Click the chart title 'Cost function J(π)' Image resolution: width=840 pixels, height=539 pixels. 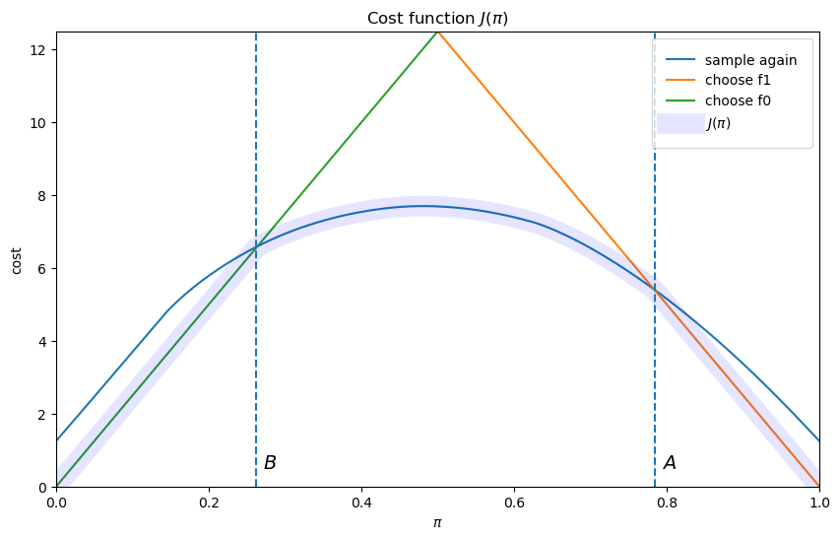tap(437, 18)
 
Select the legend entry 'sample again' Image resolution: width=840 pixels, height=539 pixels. tap(751, 60)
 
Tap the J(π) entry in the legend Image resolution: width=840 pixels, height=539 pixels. tap(718, 124)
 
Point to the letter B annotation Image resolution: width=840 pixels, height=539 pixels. tap(270, 463)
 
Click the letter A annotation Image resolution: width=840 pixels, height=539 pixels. tap(670, 463)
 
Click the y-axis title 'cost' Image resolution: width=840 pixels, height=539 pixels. tap(16, 260)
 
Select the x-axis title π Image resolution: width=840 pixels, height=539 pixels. tap(437, 522)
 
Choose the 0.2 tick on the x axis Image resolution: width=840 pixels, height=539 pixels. tap(209, 502)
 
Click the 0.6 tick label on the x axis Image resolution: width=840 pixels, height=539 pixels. tap(514, 502)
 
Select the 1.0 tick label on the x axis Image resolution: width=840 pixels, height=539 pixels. tap(819, 502)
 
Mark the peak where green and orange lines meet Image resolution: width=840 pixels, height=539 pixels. tap(437, 32)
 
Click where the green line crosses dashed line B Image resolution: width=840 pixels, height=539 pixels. tap(256, 248)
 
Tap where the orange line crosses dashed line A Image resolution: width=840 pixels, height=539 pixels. tap(655, 292)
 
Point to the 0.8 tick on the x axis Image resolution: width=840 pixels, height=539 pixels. tap(667, 502)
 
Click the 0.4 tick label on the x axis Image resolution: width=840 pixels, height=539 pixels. tap(361, 502)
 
